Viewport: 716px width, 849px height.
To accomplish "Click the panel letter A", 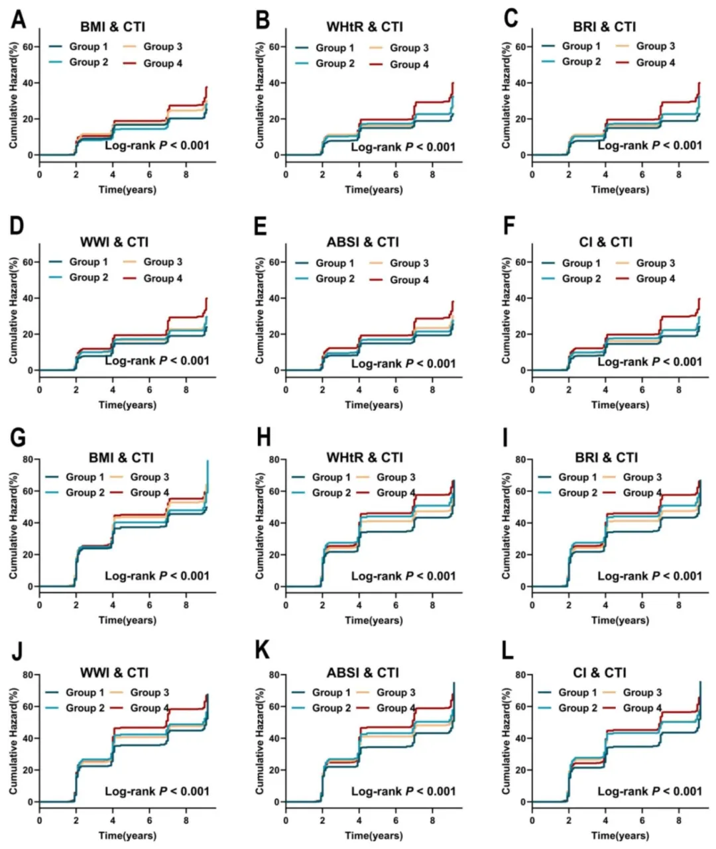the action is (x=19, y=19).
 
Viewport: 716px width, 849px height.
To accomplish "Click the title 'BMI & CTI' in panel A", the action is (x=113, y=27).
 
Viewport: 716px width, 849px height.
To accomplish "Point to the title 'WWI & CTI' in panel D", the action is (x=114, y=242).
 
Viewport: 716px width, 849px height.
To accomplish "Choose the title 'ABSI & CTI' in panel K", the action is (x=363, y=673).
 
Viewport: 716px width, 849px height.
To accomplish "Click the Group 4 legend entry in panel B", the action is (x=399, y=65).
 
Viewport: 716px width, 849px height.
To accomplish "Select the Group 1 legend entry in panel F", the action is (x=571, y=263).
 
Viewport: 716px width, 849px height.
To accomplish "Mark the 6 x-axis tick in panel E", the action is (x=396, y=390).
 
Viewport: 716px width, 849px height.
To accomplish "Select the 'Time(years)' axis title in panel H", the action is (x=374, y=620).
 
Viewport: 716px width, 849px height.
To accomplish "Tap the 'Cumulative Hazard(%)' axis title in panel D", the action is (x=13, y=310).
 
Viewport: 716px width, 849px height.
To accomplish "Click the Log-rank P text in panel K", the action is (x=404, y=791).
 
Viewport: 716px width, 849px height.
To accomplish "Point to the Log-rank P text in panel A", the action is (x=157, y=145).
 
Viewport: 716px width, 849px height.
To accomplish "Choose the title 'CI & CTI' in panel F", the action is (x=606, y=242).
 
